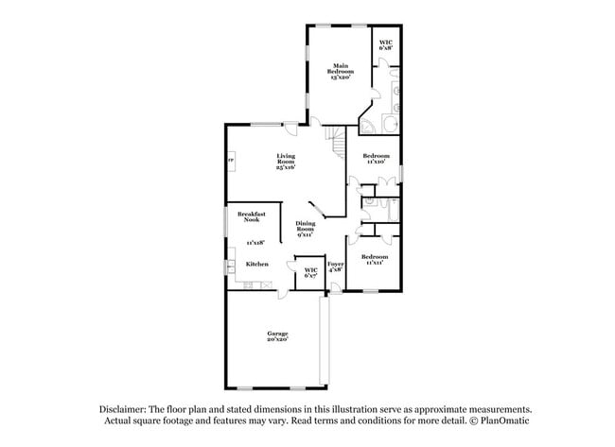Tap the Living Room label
coord(286,161)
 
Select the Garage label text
coord(277,336)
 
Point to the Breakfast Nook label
coord(252,217)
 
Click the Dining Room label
coord(305,228)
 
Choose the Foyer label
coord(335,266)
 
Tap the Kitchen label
coord(257,264)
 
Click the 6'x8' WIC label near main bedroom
coord(385,44)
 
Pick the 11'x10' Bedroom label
coord(377,158)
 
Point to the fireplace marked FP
coord(229,161)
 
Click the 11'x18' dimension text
coord(255,242)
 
